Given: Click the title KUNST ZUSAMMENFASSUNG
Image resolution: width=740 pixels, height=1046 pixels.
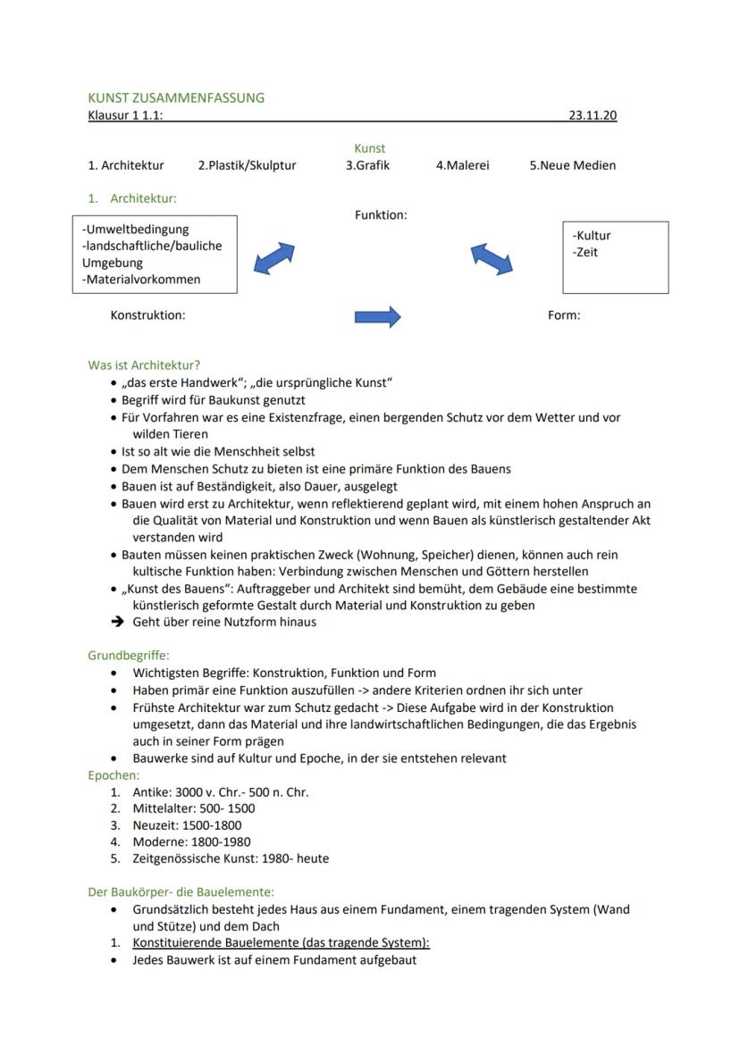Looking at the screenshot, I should click(176, 97).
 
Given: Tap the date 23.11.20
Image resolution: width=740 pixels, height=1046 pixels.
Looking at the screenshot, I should click(592, 115).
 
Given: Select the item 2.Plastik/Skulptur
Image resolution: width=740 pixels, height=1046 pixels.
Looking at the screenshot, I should click(247, 165).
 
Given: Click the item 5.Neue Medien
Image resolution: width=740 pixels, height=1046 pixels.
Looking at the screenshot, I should click(572, 165).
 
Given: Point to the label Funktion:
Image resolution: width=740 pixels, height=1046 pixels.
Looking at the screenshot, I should click(381, 215).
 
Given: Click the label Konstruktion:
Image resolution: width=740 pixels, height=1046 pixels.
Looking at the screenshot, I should click(147, 315).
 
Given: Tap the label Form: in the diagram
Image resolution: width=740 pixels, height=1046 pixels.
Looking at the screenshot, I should click(564, 315).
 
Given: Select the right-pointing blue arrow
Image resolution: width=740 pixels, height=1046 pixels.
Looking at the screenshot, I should click(377, 317).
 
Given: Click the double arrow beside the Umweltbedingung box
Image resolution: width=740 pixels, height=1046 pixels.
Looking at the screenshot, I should click(273, 258).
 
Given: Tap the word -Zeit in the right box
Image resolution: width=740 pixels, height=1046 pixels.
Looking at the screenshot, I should click(585, 253).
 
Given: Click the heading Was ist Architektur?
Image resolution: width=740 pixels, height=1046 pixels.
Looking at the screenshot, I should click(144, 365).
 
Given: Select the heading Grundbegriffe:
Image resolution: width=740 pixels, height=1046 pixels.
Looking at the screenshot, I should click(129, 655).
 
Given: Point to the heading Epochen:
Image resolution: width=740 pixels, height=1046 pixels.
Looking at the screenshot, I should click(114, 775).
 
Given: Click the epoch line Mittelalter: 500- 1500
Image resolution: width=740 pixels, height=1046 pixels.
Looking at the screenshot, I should click(193, 808).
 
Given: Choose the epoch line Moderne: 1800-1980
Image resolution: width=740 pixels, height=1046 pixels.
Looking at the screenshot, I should click(191, 841).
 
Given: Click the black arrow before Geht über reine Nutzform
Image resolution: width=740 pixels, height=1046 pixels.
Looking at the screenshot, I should click(116, 623).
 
